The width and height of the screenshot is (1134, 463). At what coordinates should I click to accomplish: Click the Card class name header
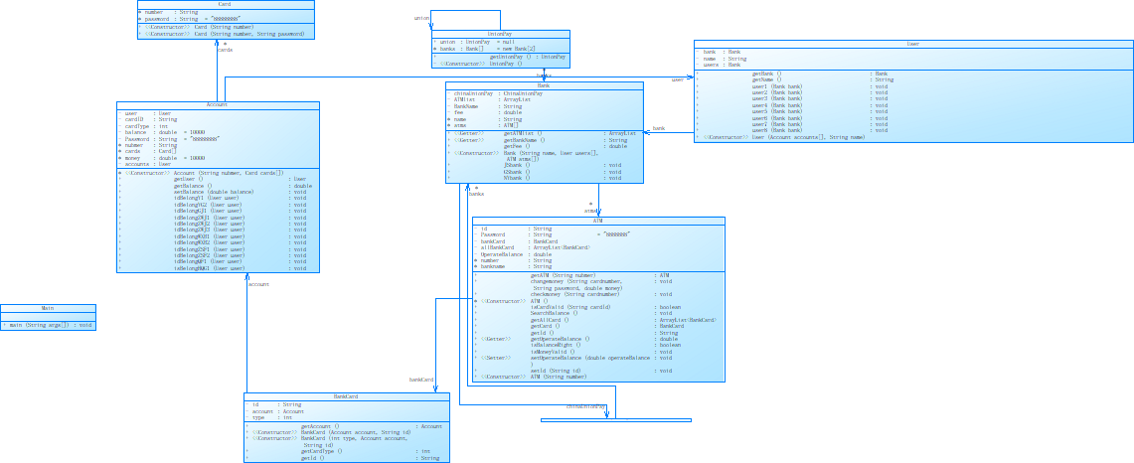pyautogui.click(x=225, y=4)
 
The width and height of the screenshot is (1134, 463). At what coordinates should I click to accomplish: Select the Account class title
pyautogui.click(x=217, y=105)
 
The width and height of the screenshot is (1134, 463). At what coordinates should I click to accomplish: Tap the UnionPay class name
pyautogui.click(x=500, y=33)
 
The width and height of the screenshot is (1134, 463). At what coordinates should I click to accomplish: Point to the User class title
pyautogui.click(x=912, y=44)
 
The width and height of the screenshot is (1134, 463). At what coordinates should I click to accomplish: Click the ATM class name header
pyautogui.click(x=597, y=221)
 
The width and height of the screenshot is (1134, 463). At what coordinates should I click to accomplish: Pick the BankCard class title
pyautogui.click(x=346, y=396)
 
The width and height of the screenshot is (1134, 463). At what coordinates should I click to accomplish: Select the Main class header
pyautogui.click(x=48, y=308)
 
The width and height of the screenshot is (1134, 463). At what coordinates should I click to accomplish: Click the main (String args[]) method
pyautogui.click(x=50, y=325)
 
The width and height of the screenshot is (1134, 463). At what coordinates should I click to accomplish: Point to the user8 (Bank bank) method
pyautogui.click(x=776, y=130)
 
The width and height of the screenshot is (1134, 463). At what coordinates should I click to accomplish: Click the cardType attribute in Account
pyautogui.click(x=138, y=126)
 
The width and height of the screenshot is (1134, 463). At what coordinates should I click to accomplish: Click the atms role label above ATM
pyautogui.click(x=590, y=211)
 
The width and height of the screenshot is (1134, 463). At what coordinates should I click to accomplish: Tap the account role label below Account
pyautogui.click(x=258, y=284)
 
